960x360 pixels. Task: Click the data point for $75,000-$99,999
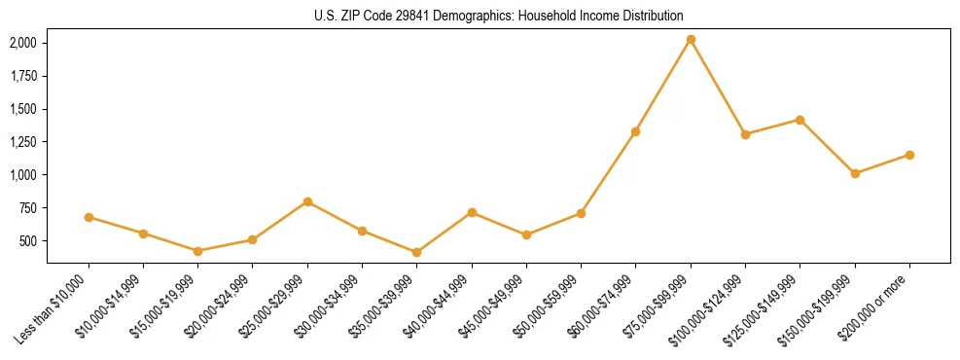pos(691,40)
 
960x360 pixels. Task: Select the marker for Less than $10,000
pos(89,217)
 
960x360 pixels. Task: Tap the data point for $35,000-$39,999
pos(417,252)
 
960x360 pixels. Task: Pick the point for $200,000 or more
pos(909,155)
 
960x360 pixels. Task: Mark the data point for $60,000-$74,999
pos(636,131)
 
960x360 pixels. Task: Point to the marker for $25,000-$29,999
pos(307,201)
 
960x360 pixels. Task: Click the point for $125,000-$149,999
pos(800,120)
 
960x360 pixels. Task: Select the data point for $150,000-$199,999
pos(855,173)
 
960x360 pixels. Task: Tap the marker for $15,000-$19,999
pos(198,251)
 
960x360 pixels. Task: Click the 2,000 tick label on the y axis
pos(23,43)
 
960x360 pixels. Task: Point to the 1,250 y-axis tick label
pos(23,142)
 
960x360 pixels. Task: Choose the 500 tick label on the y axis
pos(28,240)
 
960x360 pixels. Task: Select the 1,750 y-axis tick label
pos(23,76)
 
